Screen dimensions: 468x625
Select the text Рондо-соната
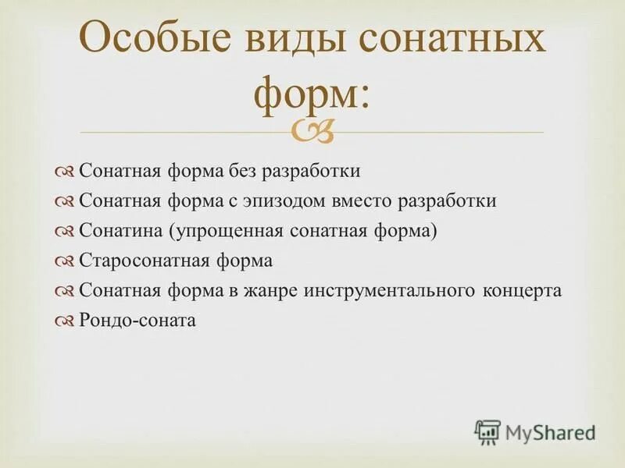(137, 320)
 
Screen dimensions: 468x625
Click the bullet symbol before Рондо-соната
(65, 321)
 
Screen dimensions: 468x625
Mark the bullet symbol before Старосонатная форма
(65, 261)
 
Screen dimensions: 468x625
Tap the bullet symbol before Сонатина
(65, 232)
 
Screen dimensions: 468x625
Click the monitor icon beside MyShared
(487, 431)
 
